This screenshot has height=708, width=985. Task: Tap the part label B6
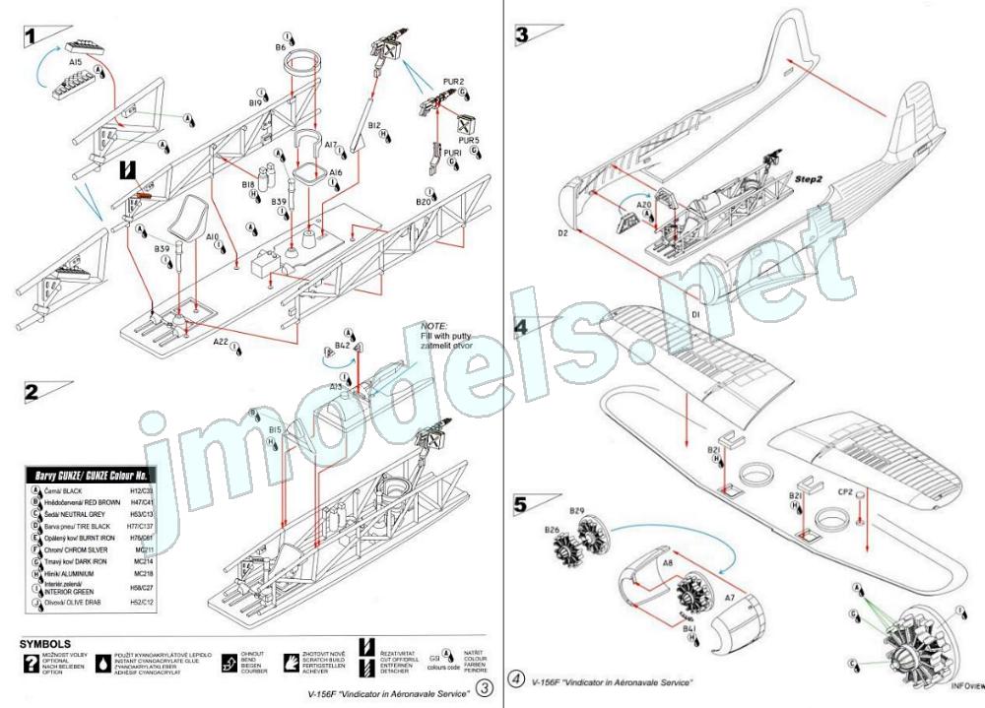[x=281, y=47]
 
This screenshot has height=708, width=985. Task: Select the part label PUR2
[x=454, y=81]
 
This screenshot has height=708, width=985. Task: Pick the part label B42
[x=342, y=347]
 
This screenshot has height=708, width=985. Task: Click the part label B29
[x=578, y=511]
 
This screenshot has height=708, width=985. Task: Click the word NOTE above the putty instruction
[x=434, y=325]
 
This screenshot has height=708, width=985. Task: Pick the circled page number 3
[x=484, y=686]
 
